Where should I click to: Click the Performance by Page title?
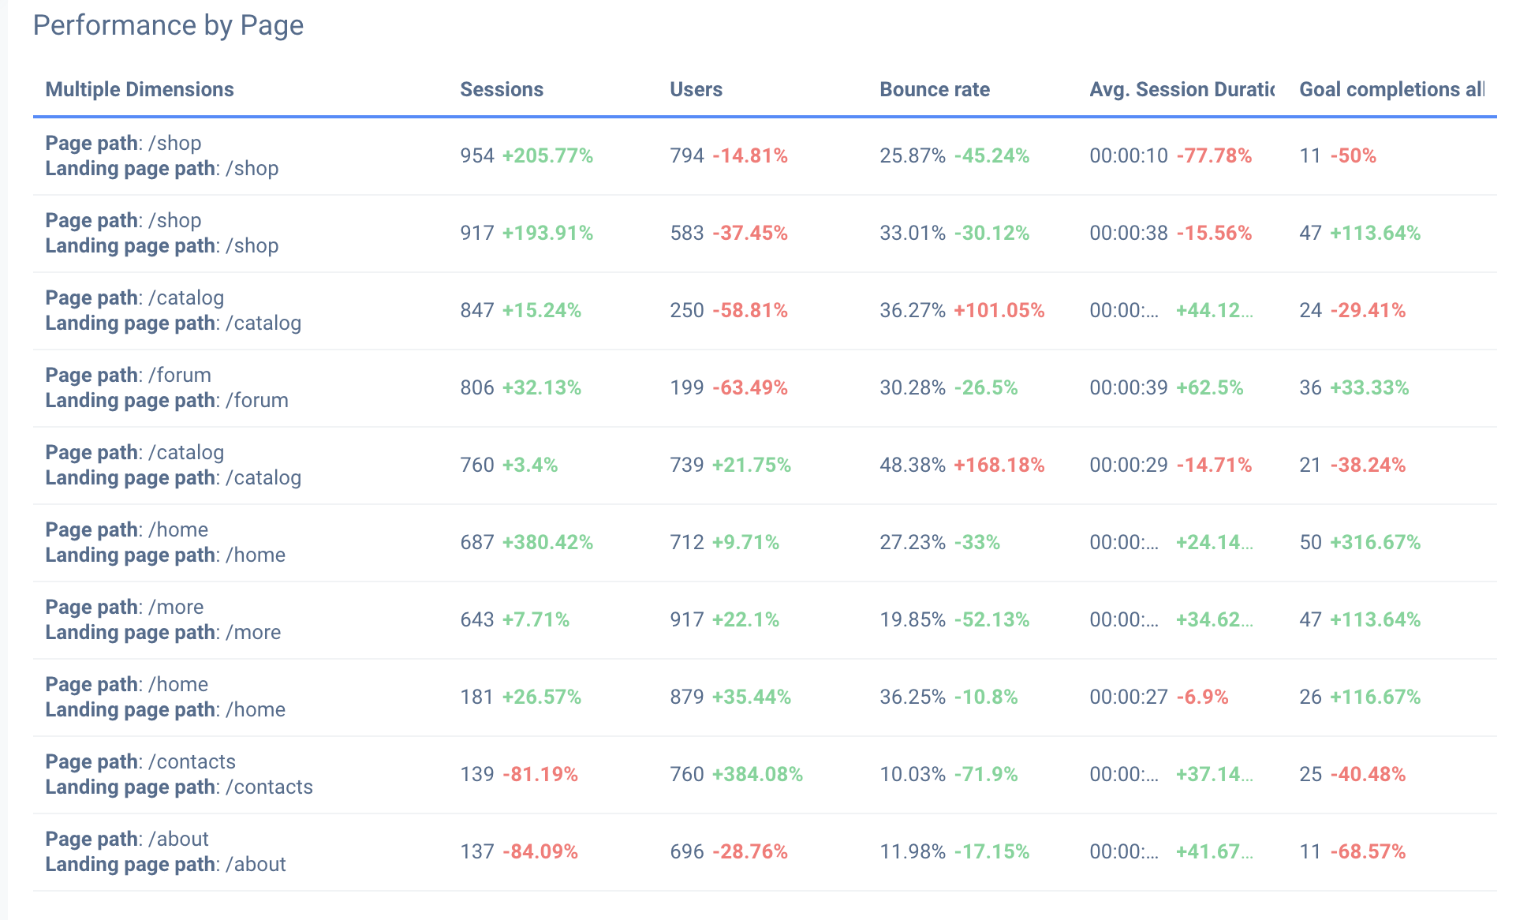[168, 25]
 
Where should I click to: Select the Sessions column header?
[502, 89]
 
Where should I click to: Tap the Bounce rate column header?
[935, 89]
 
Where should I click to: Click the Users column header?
[696, 89]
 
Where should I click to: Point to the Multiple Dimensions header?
[140, 89]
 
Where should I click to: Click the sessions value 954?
[477, 155]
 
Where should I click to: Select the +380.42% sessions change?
[547, 542]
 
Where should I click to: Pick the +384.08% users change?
[757, 774]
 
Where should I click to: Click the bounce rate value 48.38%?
[913, 465]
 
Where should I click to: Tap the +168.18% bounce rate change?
[999, 465]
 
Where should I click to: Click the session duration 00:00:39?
[1129, 387]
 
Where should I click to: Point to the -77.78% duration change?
[1214, 155]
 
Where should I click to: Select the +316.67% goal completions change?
[1375, 542]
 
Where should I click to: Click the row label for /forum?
[166, 387]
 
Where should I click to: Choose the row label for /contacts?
[179, 774]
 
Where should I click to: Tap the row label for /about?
[166, 851]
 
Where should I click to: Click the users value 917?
[687, 619]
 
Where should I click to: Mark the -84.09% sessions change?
[540, 851]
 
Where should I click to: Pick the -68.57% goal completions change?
[1368, 851]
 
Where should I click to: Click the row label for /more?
[163, 619]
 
